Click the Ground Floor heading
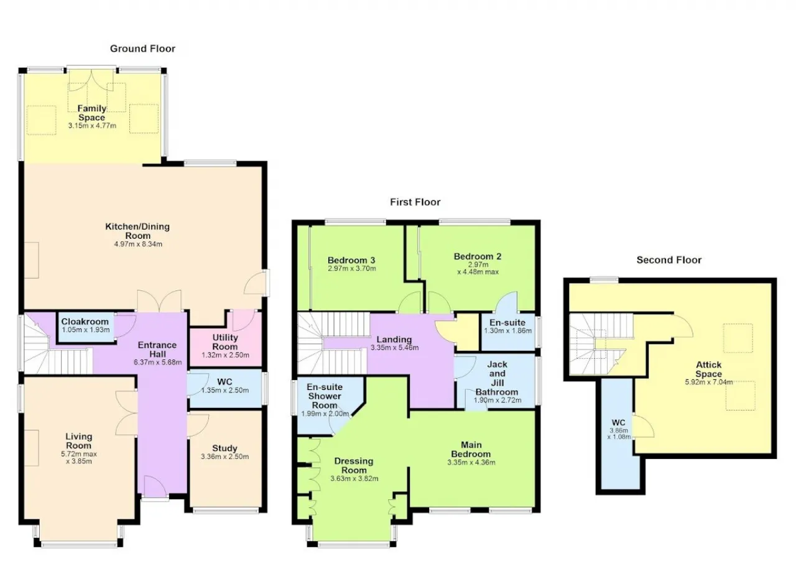[x=142, y=49]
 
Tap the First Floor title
[x=415, y=202]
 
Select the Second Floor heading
[x=669, y=260]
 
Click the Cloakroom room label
[x=85, y=322]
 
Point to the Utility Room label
[x=225, y=342]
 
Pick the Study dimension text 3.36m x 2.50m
[x=224, y=456]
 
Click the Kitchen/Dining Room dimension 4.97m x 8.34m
[x=138, y=244]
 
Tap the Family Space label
[x=91, y=113]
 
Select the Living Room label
[x=78, y=441]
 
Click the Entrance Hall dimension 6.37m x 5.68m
[x=158, y=363]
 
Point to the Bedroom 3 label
[x=351, y=260]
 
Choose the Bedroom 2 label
[x=478, y=256]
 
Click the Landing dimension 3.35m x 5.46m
[x=394, y=348]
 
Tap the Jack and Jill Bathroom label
[x=497, y=378]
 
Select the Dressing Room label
[x=354, y=466]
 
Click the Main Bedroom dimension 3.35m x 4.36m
[x=471, y=463]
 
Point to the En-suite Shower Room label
[x=325, y=396]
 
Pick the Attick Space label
[x=708, y=369]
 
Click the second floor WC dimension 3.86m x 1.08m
[x=619, y=433]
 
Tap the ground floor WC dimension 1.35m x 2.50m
[x=225, y=391]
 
